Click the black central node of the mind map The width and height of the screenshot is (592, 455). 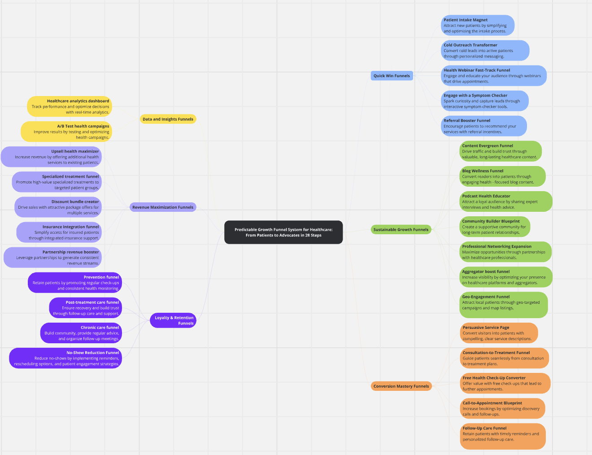coord(283,232)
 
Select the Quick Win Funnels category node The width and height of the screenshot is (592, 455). coord(392,76)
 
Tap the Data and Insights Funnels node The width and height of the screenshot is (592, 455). coord(168,119)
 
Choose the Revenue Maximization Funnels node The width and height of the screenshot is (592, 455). coord(163,207)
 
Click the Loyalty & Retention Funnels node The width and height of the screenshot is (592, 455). coord(173,320)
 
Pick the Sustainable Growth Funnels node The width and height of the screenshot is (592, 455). coord(401,229)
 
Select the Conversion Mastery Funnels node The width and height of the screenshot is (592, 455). coord(401,386)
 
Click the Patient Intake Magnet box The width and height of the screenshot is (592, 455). coord(477,26)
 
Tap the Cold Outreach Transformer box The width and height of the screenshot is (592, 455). coord(485,51)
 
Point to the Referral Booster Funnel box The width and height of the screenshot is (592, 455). coord(483,126)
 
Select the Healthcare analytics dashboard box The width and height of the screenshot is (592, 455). coord(70,107)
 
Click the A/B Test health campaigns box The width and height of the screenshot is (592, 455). coord(66,132)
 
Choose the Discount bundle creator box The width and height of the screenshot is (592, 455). coord(58,207)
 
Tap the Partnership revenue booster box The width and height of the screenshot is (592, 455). coord(53,258)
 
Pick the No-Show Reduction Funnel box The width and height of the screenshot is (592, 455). coord(66,358)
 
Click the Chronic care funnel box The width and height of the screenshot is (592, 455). coord(81,333)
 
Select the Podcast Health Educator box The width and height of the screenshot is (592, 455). coord(506,201)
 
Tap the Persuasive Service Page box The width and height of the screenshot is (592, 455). coord(499,333)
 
